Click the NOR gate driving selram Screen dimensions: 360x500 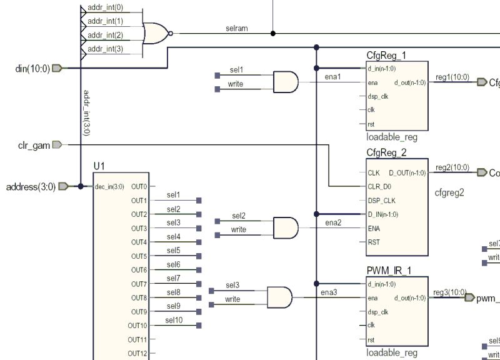coord(156,33)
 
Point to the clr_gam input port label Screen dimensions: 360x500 coord(34,145)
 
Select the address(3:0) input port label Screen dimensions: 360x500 coord(31,186)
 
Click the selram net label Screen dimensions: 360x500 coord(237,28)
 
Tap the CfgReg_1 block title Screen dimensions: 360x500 coord(386,56)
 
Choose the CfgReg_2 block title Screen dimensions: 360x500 coord(386,152)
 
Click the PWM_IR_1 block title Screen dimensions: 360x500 coord(388,271)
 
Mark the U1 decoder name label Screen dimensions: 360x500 coord(99,166)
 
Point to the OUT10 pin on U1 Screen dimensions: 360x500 coord(138,326)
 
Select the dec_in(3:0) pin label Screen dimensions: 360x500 coord(109,186)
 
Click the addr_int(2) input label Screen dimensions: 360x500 coord(106,36)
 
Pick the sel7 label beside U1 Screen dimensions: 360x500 coord(173,279)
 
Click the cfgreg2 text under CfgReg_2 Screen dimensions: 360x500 coord(449,192)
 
